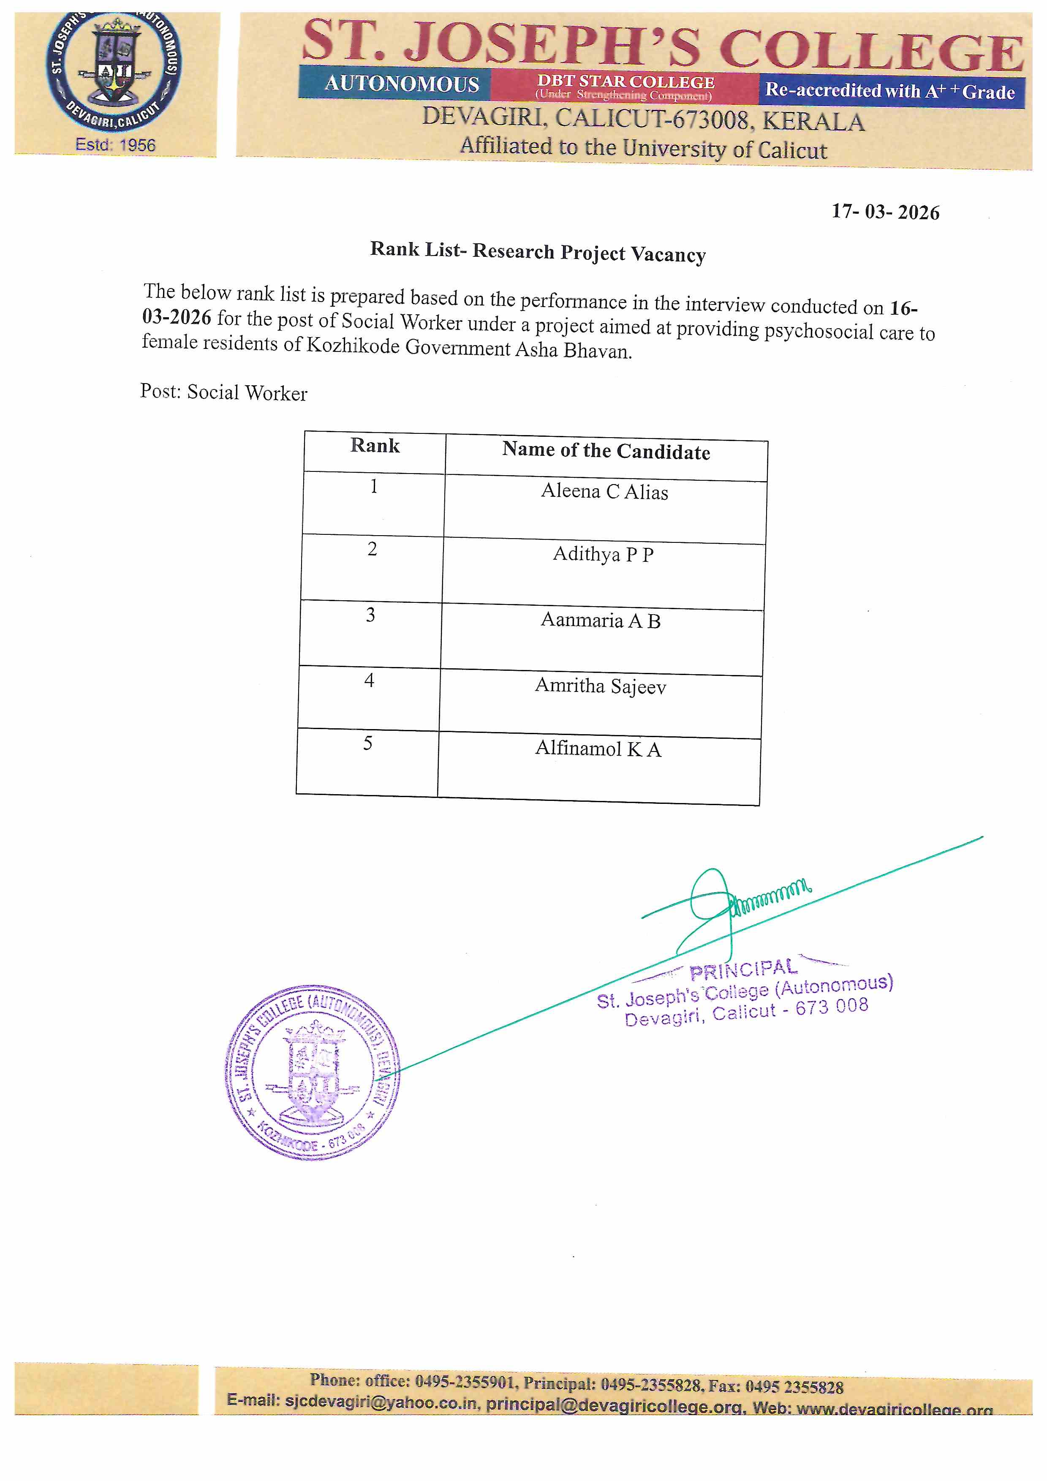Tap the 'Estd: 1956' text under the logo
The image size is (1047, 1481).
tap(115, 144)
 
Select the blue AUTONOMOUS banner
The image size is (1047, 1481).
tap(401, 84)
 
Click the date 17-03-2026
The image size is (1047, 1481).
tap(885, 212)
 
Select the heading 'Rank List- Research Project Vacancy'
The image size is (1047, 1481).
tap(537, 252)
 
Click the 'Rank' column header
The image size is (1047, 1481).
tap(375, 446)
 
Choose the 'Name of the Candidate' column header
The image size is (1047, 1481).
tap(606, 451)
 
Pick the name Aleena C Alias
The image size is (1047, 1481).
tap(604, 492)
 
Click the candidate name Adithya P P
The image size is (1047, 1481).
tap(603, 555)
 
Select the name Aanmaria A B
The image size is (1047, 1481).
tap(601, 621)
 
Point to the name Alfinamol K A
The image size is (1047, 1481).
tap(598, 749)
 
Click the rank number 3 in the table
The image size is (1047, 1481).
tap(370, 615)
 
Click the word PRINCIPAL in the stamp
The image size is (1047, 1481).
tap(743, 969)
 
